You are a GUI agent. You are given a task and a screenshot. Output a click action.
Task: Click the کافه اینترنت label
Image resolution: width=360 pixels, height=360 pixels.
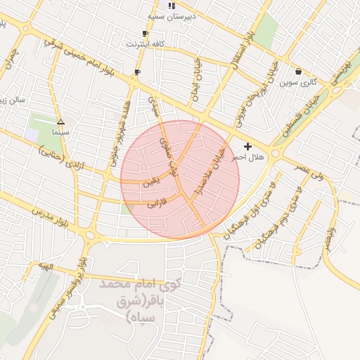[146, 44]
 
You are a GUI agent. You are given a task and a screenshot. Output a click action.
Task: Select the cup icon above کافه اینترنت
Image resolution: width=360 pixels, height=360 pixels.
[145, 33]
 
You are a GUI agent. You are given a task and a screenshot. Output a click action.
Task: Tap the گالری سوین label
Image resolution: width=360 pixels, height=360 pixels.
[300, 82]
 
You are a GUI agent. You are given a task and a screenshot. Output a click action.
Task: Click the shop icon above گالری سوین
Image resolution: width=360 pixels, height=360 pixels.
[299, 71]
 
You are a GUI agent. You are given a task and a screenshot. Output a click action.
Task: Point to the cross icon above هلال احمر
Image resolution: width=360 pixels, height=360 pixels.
[247, 146]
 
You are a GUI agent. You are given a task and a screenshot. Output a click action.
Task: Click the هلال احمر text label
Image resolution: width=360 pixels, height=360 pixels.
[248, 157]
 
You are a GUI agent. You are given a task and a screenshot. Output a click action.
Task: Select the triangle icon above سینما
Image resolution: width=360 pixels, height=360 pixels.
[60, 121]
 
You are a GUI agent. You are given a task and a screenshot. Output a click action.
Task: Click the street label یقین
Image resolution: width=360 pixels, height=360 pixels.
[151, 181]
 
